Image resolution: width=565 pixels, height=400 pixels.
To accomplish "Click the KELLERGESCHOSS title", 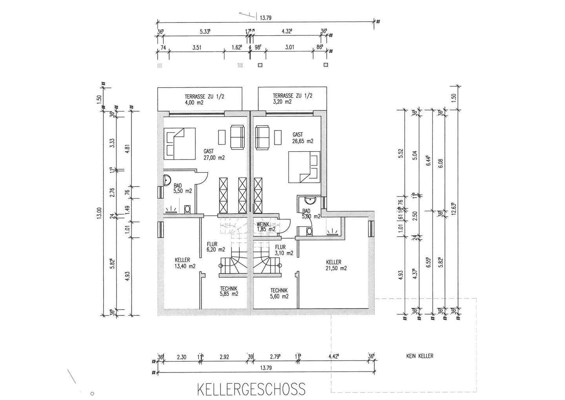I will [251, 389].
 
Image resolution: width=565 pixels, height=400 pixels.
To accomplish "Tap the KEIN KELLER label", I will [419, 356].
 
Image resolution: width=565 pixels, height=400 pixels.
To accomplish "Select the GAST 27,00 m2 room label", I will [214, 154].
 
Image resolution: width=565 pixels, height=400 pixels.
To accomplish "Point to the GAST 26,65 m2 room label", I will [303, 138].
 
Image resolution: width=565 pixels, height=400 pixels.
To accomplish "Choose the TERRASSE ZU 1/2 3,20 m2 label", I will [293, 99].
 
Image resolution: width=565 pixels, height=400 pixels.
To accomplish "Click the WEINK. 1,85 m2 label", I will [266, 226].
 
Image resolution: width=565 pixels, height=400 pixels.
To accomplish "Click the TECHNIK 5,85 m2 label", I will [229, 291].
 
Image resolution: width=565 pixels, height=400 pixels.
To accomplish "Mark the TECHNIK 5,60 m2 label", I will [279, 294].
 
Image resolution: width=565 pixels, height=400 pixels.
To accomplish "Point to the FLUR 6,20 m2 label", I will [215, 247].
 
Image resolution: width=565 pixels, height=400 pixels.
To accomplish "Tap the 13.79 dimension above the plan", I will [266, 17].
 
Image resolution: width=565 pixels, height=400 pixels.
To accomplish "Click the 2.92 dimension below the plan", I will [224, 357].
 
